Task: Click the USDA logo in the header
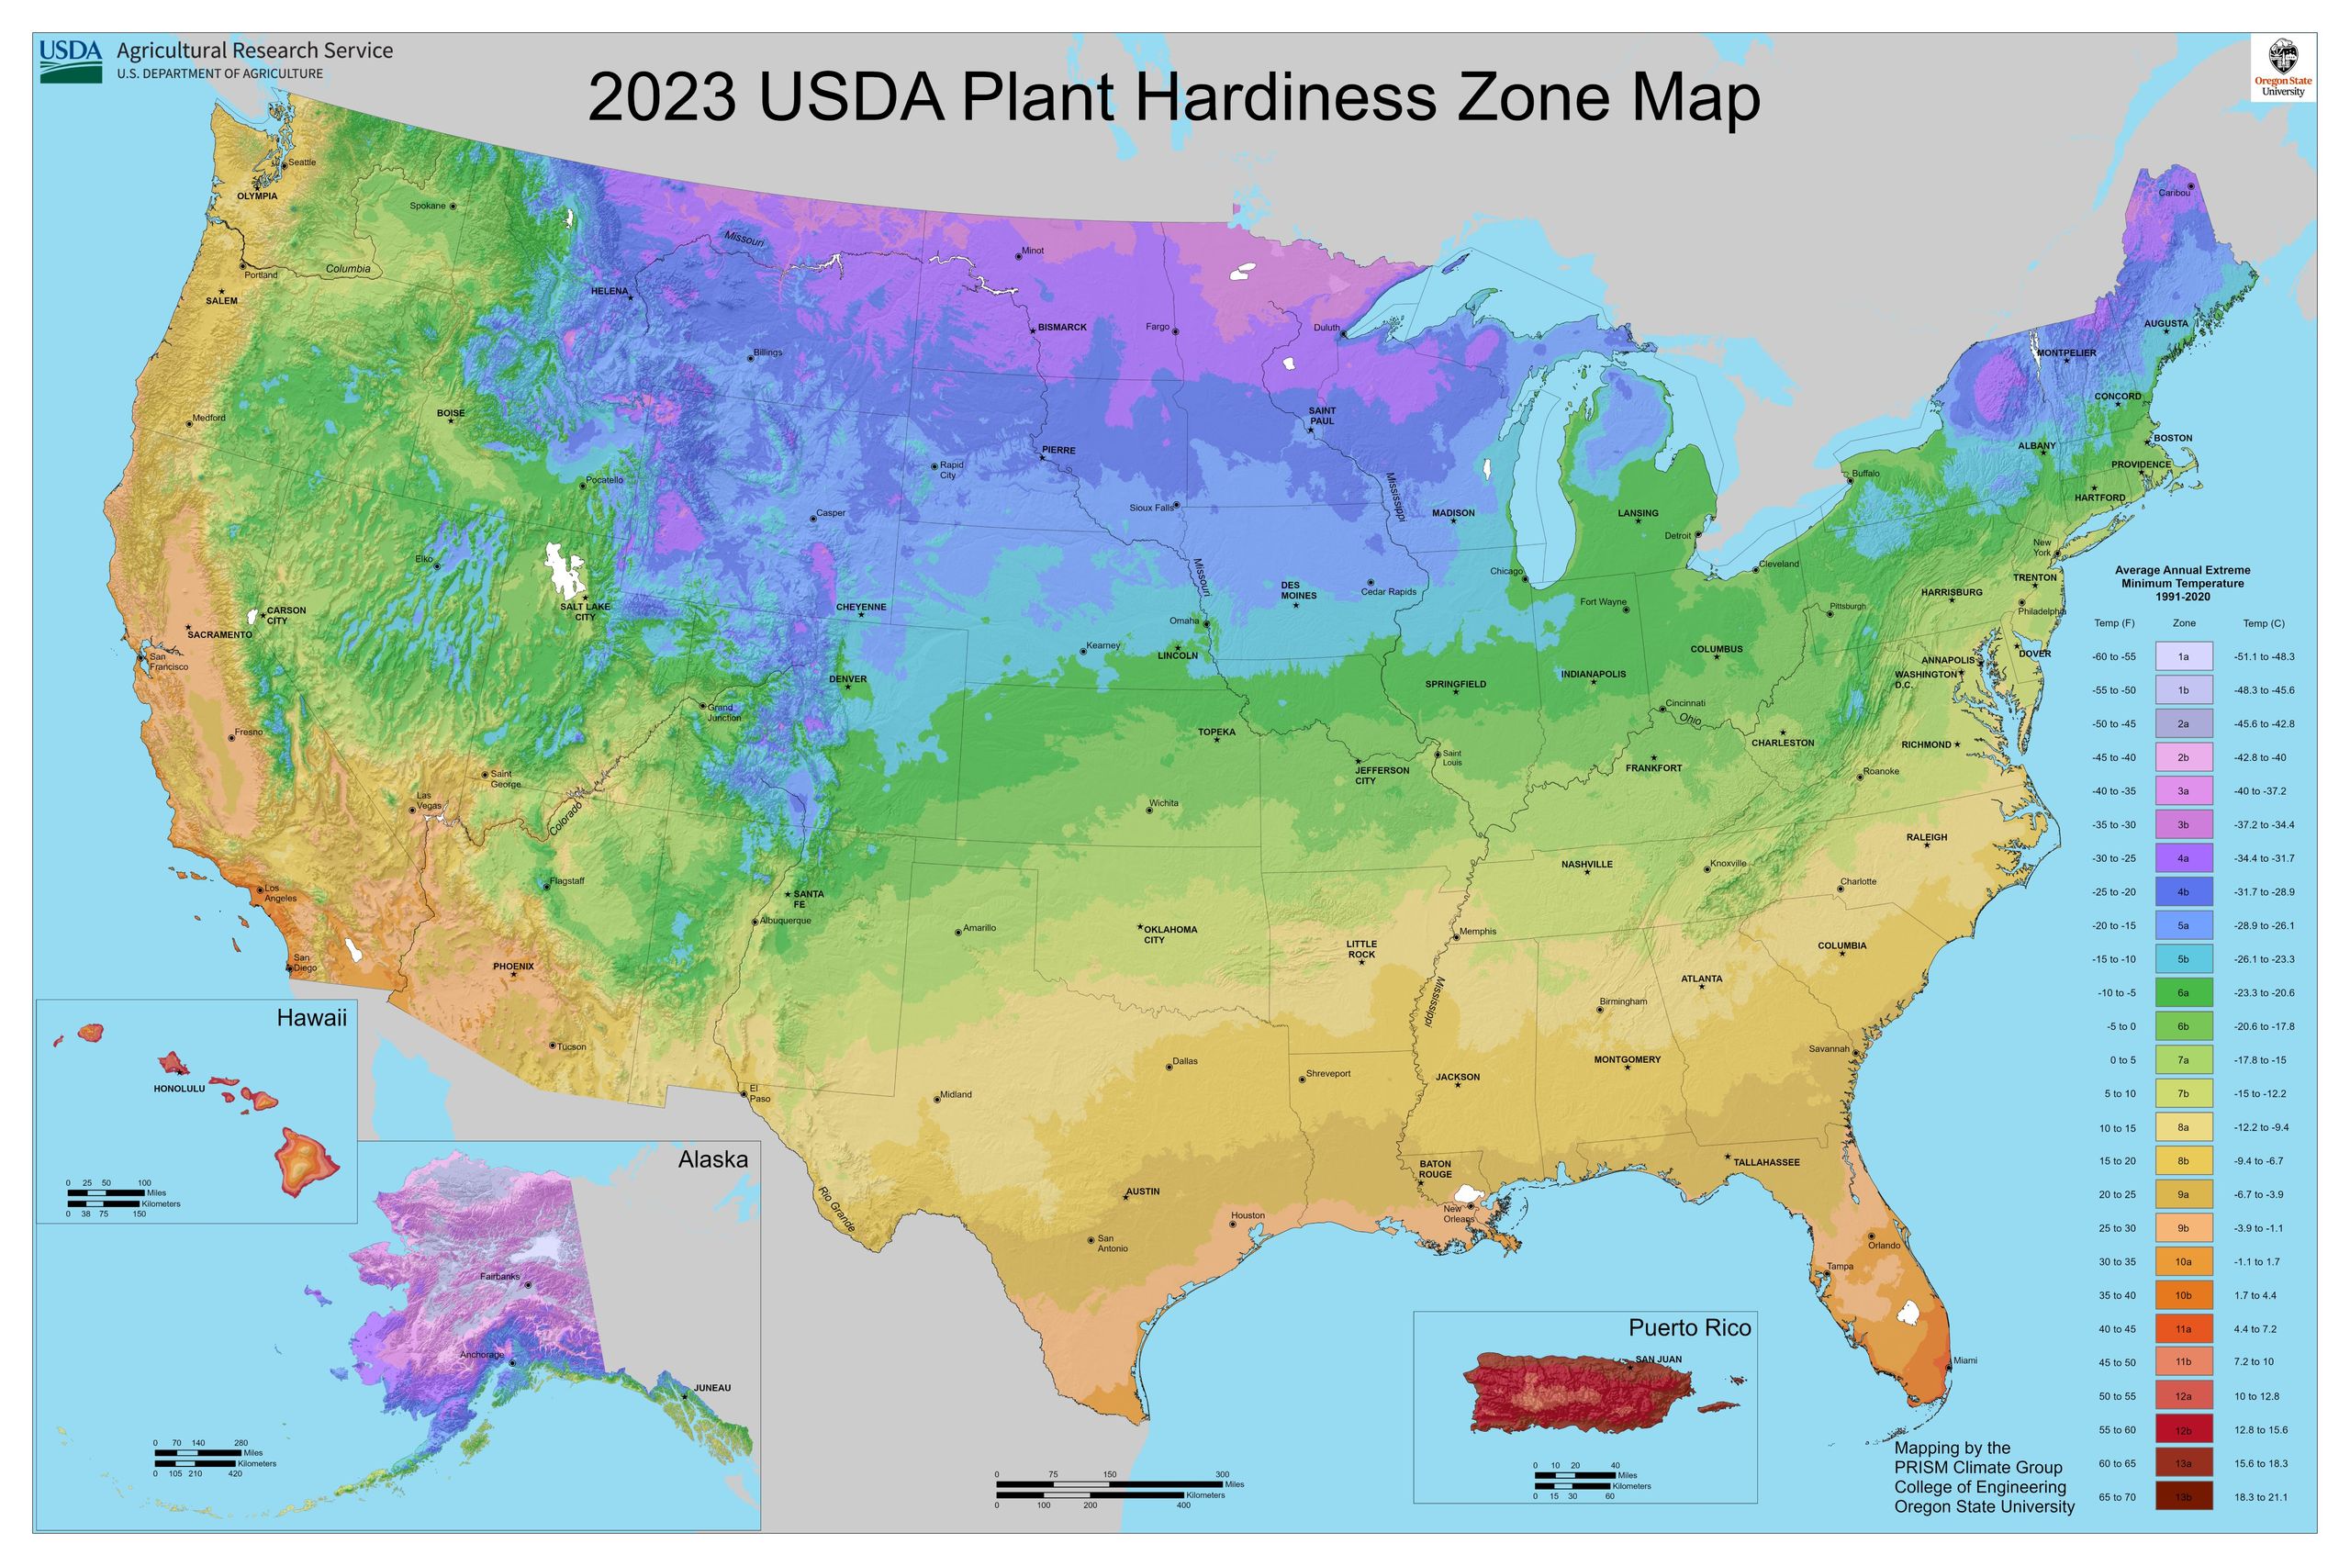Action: tap(71, 61)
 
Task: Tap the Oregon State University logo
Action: tap(2282, 68)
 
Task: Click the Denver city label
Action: tap(848, 679)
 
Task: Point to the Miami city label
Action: tap(1964, 1360)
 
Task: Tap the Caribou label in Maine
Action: tap(2173, 193)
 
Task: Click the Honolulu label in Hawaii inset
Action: tap(179, 1089)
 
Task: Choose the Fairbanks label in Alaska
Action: tap(500, 1276)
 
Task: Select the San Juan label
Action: tap(1658, 1359)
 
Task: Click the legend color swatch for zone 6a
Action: tap(2183, 992)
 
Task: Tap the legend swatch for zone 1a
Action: tap(2183, 656)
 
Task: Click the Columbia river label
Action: tap(348, 269)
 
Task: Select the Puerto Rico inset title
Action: tap(1689, 1327)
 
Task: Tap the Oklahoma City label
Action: tap(1169, 934)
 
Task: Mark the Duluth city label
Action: tap(1326, 328)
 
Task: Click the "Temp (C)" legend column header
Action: tap(2263, 623)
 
